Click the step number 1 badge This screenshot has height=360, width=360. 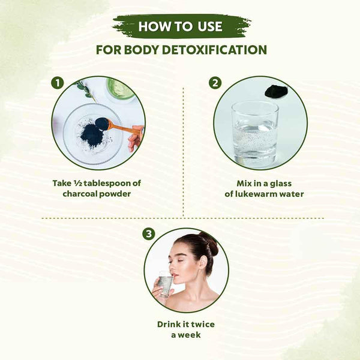58,83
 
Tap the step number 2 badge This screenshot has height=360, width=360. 215,83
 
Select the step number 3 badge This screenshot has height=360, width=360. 149,234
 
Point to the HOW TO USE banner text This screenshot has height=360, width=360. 181,26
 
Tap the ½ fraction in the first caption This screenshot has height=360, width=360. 77,183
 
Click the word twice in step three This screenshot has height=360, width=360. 203,324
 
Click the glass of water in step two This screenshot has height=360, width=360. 255,134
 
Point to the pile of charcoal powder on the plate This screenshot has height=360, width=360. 92,136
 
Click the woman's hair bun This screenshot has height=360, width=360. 209,243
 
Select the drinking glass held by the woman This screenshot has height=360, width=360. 165,284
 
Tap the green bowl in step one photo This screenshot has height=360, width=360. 121,89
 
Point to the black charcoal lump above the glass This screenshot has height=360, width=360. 276,91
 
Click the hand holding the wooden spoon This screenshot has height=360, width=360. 136,139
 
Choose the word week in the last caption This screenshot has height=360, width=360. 190,335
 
